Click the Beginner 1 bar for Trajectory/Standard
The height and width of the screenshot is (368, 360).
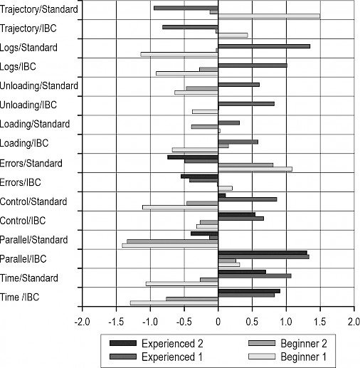[x=269, y=16]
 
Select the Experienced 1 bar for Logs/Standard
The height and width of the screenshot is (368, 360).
[x=264, y=46]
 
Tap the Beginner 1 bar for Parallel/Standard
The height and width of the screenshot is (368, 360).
[x=170, y=246]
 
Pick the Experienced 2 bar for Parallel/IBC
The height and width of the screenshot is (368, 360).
[x=263, y=253]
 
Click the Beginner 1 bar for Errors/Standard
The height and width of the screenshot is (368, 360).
[x=255, y=169]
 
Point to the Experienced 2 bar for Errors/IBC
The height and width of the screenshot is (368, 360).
[x=199, y=177]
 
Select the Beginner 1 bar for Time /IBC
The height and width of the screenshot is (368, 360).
[x=174, y=303]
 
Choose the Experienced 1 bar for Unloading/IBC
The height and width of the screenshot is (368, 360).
[x=246, y=104]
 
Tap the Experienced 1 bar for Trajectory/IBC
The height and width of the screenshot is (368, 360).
[x=190, y=27]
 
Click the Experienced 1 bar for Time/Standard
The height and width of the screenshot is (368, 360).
[x=255, y=276]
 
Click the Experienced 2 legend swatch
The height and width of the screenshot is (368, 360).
[x=123, y=343]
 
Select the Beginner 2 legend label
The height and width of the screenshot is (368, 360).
[x=304, y=343]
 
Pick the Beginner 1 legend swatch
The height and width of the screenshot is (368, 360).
[x=262, y=357]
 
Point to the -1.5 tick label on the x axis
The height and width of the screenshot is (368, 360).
[x=116, y=322]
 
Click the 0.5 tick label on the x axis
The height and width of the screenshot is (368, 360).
[x=252, y=322]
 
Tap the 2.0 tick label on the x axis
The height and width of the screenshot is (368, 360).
[x=354, y=322]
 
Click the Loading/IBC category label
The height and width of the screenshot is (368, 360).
[x=24, y=143]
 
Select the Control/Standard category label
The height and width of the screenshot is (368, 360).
[x=33, y=201]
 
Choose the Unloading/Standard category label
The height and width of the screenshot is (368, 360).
[x=39, y=86]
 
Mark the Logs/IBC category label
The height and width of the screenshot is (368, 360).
[x=18, y=67]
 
